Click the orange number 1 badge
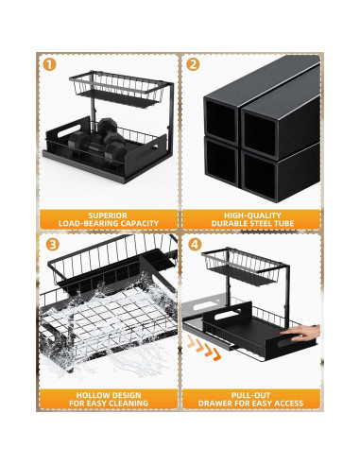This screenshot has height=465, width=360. tap(49, 64)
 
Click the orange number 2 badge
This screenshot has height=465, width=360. tap(193, 64)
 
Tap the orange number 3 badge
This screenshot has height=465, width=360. tap(53, 245)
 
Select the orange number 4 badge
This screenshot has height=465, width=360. tap(196, 245)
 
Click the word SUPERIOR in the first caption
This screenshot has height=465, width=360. tap(108, 215)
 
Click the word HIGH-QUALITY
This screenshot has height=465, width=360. tap(252, 215)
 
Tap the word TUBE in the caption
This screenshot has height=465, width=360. tap(283, 224)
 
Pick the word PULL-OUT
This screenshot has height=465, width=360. tap(251, 395)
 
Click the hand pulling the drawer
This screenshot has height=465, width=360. tap(301, 333)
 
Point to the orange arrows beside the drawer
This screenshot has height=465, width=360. tap(204, 349)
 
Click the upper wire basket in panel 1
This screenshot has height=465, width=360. tap(117, 89)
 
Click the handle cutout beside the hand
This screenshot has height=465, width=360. tap(288, 342)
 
